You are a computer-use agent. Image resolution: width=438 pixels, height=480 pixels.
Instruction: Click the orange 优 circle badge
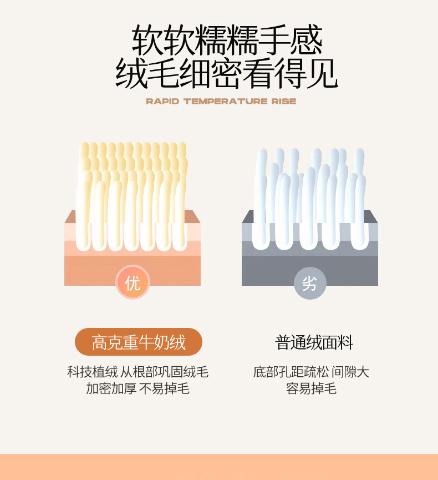133,282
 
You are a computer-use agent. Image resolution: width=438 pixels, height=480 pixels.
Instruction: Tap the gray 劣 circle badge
309,283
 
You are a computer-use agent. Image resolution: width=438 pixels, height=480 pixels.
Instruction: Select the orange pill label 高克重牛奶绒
139,342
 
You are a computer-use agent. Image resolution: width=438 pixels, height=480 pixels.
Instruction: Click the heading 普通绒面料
314,342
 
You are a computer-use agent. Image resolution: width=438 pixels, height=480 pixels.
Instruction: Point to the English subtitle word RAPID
162,102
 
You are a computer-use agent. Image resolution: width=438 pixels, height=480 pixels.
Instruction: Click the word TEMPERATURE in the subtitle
226,102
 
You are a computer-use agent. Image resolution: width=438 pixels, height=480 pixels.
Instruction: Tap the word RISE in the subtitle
284,102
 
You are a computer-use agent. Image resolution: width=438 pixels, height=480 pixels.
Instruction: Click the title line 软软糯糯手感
227,40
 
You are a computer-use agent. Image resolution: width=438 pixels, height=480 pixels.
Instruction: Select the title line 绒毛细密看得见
227,73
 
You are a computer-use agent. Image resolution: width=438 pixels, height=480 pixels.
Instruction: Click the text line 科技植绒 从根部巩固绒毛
138,372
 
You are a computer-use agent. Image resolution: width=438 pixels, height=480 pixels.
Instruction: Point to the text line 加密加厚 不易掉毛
138,388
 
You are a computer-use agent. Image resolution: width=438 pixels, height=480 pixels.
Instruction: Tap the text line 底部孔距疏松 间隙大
312,372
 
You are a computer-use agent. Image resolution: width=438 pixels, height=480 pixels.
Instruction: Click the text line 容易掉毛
312,388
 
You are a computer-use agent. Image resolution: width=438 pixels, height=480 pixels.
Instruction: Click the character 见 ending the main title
322,73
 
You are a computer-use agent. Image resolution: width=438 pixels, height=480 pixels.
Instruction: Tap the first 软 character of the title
147,40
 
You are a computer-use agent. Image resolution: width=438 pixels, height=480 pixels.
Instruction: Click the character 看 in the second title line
258,73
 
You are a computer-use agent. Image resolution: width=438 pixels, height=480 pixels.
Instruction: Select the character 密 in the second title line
227,73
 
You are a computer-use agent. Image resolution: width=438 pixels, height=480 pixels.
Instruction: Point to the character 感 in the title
307,40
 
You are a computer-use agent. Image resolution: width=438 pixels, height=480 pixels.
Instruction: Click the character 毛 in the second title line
163,73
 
